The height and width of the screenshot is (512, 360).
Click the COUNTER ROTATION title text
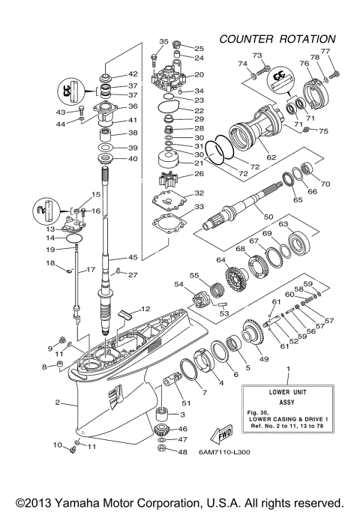click(x=277, y=38)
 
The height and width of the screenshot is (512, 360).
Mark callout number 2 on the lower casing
click(x=57, y=403)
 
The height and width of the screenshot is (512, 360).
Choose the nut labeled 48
click(x=161, y=451)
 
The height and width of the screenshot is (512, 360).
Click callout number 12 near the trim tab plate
click(x=145, y=308)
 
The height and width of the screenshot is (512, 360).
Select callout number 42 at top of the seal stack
click(x=133, y=74)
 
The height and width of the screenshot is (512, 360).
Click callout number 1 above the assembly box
click(x=289, y=370)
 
